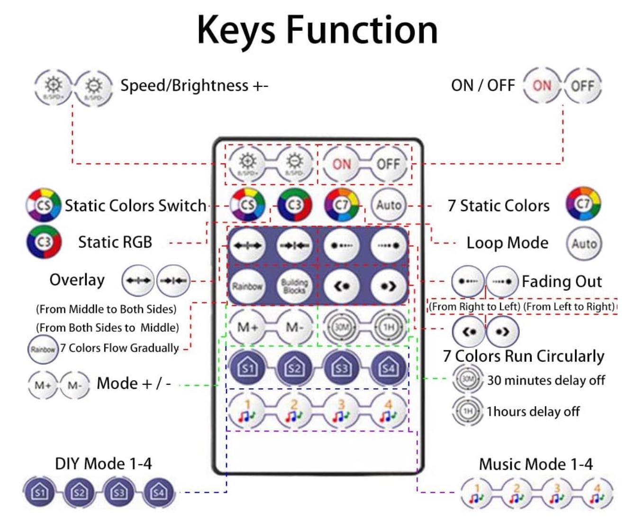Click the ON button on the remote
pyautogui.click(x=341, y=164)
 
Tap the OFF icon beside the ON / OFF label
pyautogui.click(x=582, y=86)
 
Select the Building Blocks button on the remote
pyautogui.click(x=294, y=286)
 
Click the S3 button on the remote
pyautogui.click(x=341, y=368)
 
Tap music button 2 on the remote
pyautogui.click(x=294, y=411)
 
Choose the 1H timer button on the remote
pyautogui.click(x=389, y=327)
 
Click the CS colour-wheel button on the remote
pyautogui.click(x=247, y=205)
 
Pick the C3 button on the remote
pyautogui.click(x=294, y=205)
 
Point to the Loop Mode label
pyautogui.click(x=507, y=243)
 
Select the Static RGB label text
pyautogui.click(x=115, y=242)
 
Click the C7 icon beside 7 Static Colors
pyautogui.click(x=583, y=204)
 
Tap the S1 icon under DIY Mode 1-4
pyautogui.click(x=39, y=492)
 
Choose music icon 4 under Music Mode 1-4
pyautogui.click(x=597, y=493)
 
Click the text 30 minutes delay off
pyautogui.click(x=546, y=380)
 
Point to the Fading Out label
pyautogui.click(x=562, y=281)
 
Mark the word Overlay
pyautogui.click(x=77, y=280)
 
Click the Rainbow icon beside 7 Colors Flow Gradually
pyautogui.click(x=43, y=349)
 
